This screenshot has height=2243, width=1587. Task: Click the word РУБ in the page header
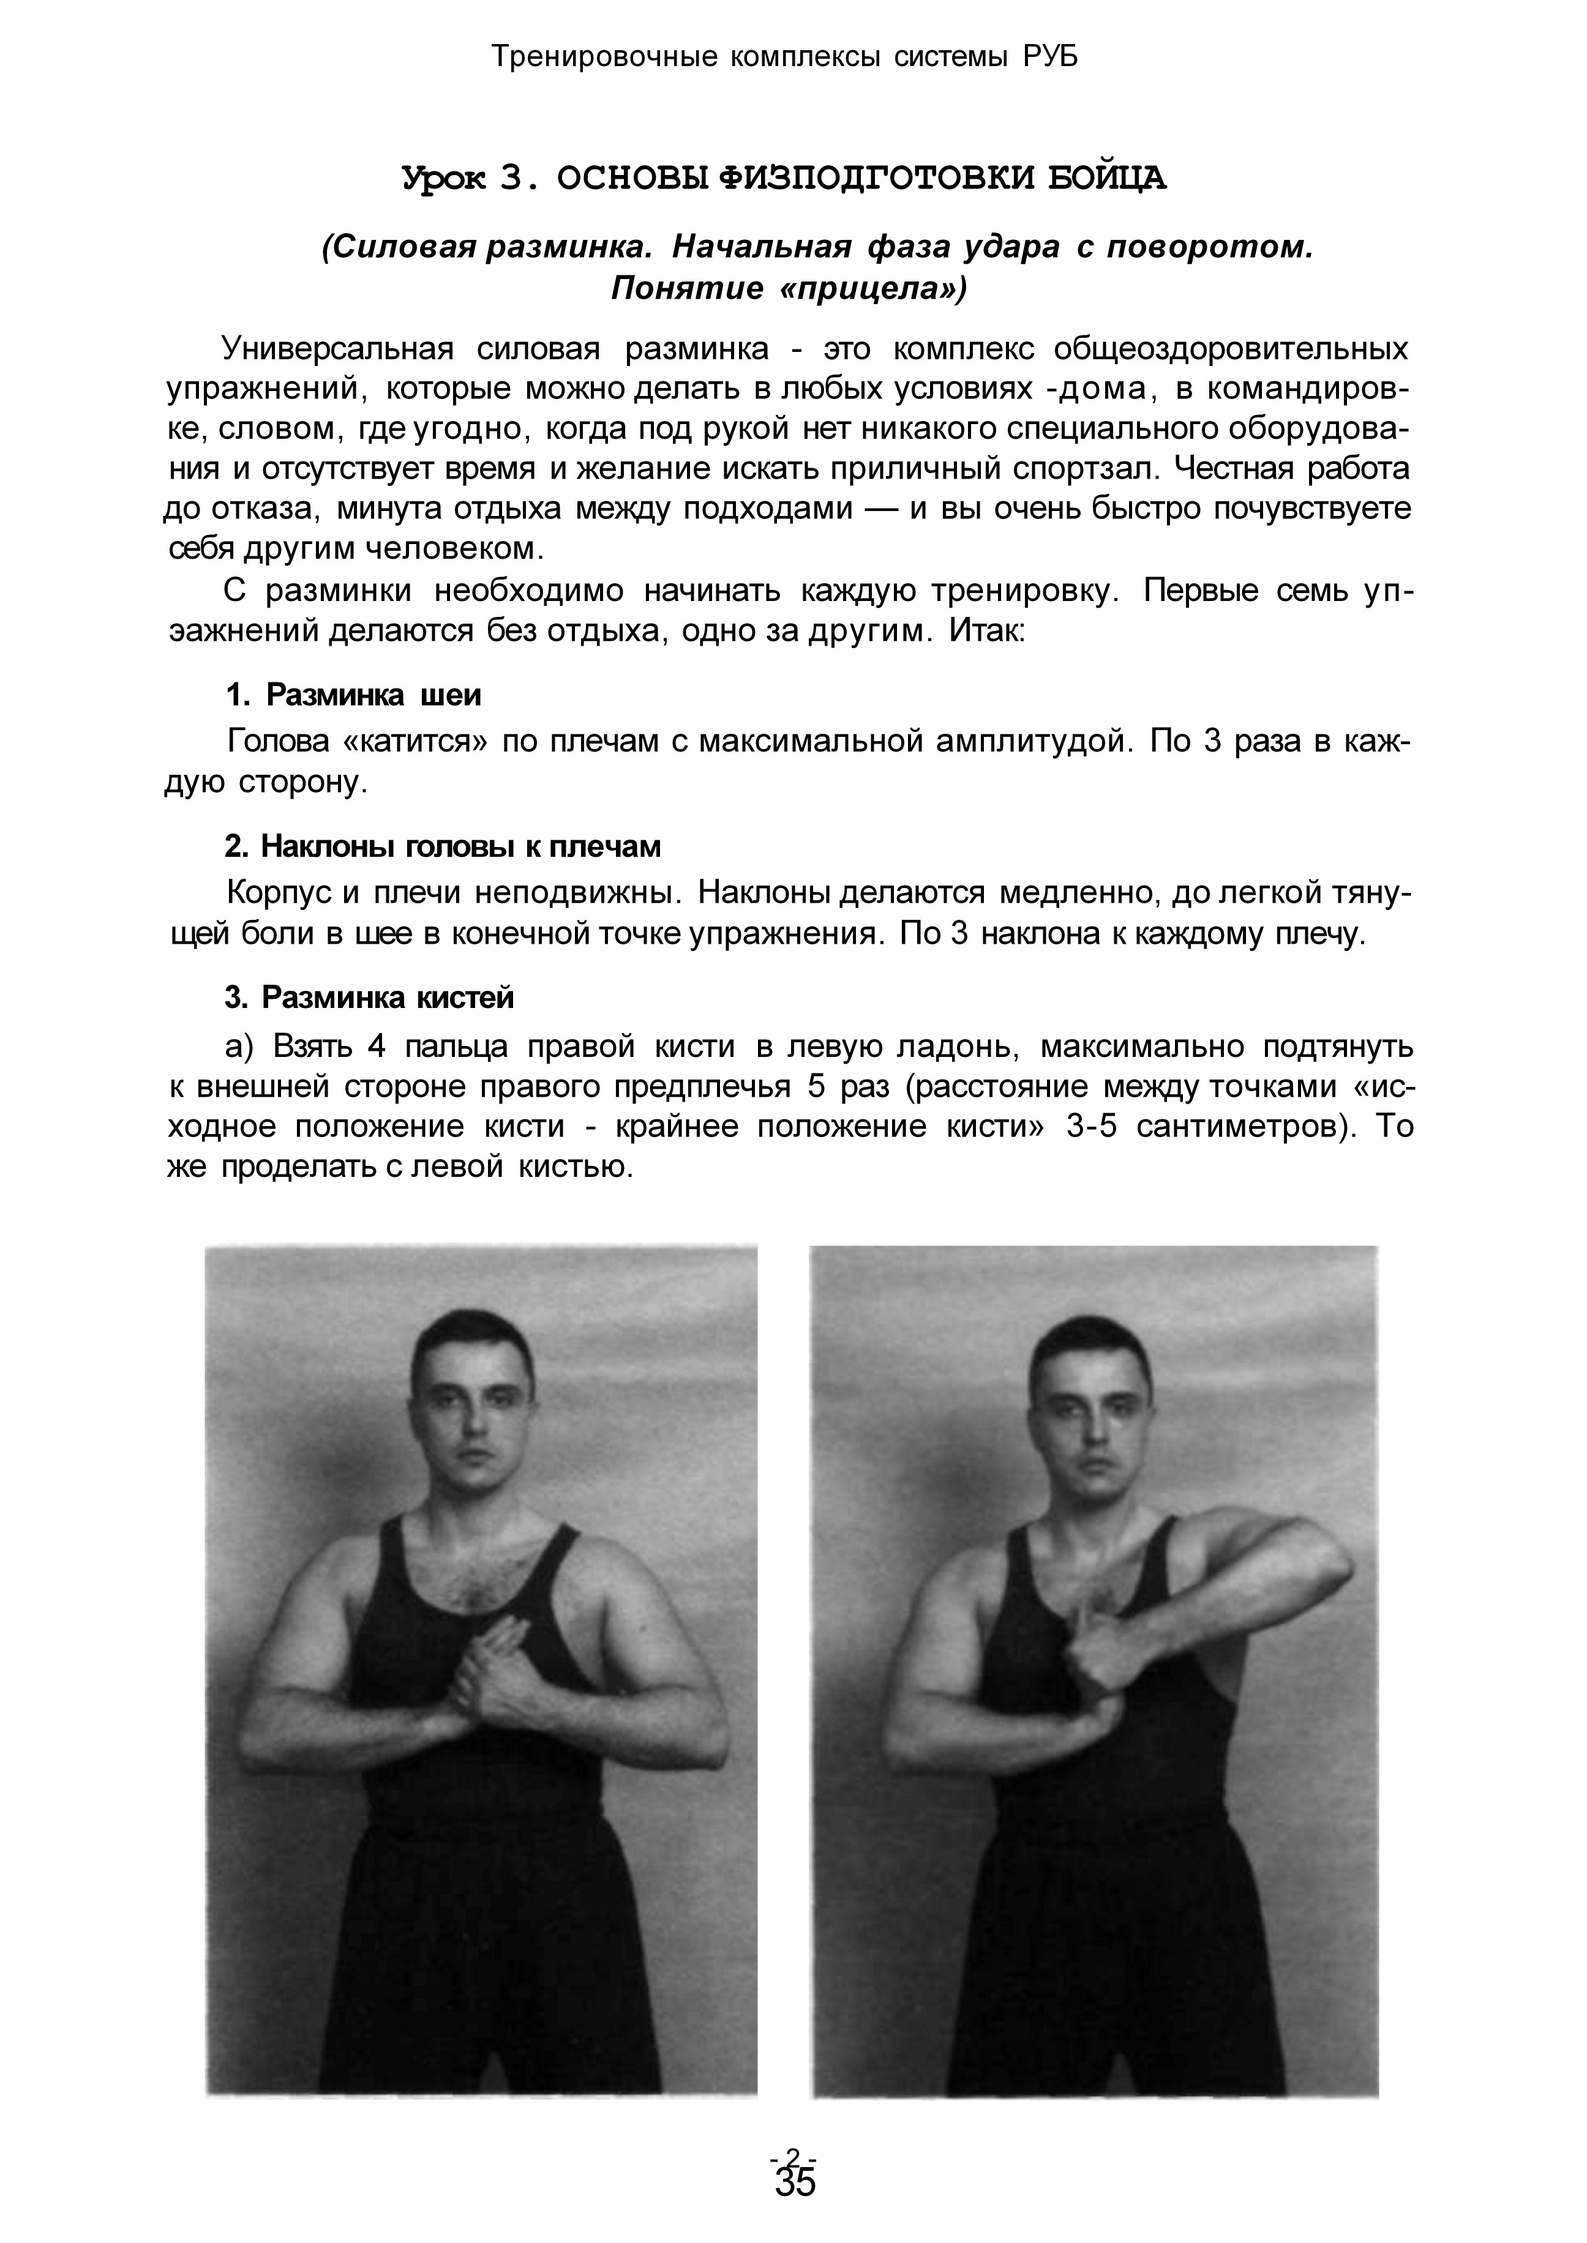[x=1051, y=58]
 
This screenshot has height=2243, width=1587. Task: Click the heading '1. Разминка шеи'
[x=354, y=696]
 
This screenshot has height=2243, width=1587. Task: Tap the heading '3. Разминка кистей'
[x=369, y=998]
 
